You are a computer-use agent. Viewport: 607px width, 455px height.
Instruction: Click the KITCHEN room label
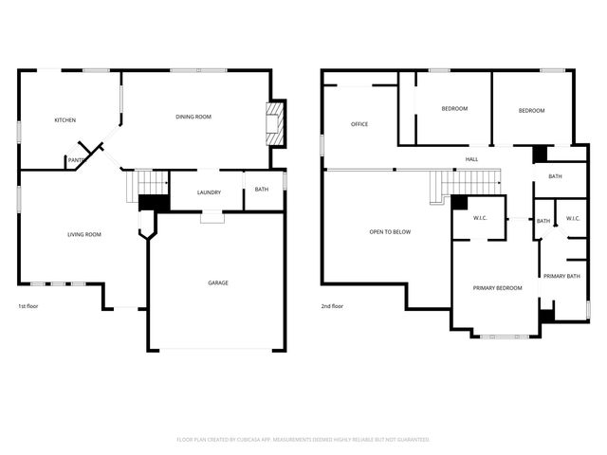pos(64,120)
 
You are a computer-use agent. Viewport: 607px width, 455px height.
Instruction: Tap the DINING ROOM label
pos(193,117)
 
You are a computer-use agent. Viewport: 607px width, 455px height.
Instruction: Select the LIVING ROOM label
pos(83,234)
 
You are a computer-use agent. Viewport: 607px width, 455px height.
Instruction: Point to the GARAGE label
pos(218,282)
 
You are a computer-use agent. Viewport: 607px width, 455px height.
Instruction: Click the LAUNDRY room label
pos(209,192)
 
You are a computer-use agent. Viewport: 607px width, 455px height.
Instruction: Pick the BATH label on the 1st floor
pos(261,190)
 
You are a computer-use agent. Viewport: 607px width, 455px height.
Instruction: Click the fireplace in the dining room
pos(275,123)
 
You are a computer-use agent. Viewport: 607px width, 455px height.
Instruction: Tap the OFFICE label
pos(359,124)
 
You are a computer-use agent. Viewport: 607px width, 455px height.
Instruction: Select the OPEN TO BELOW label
pos(390,231)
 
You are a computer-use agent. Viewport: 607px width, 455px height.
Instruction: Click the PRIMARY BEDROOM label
pos(498,287)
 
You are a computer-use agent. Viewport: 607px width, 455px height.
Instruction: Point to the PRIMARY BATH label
pos(561,276)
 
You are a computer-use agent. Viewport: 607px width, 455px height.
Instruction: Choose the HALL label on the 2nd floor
pos(471,159)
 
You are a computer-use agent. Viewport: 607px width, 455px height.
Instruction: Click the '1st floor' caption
pos(28,306)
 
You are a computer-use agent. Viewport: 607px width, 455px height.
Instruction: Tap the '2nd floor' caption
pos(332,306)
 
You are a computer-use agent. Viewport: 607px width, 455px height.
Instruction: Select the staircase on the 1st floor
pos(146,183)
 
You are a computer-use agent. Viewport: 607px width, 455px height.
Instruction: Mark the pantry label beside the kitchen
pos(76,160)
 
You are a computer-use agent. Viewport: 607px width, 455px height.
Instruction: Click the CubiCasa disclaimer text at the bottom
pos(303,440)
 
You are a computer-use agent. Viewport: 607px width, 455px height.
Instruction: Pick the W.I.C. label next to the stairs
pos(481,219)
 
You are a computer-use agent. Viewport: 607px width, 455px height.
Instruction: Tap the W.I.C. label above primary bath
pos(572,219)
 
